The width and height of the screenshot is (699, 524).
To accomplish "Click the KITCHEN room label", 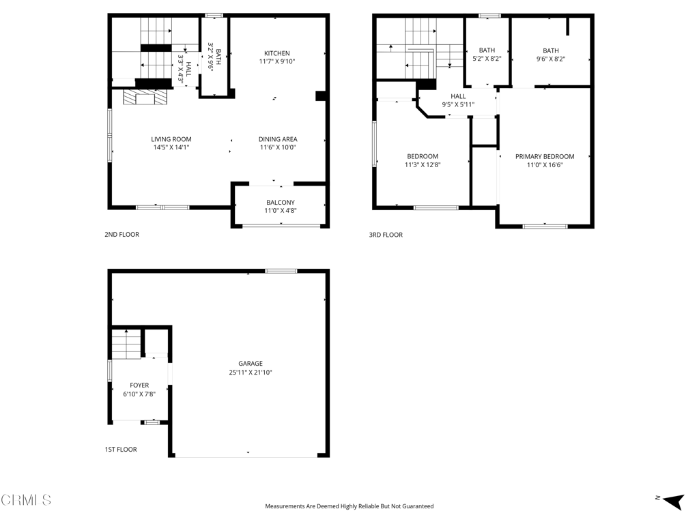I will tap(277, 53).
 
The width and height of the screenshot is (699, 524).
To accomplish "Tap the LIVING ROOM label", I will tap(171, 139).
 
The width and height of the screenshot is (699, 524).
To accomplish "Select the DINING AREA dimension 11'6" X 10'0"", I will tap(279, 147).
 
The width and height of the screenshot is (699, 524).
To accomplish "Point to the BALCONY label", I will tap(280, 202).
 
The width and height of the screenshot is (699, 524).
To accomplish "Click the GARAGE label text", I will tap(251, 364).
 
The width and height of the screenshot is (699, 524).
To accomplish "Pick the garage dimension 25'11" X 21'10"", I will tap(251, 373).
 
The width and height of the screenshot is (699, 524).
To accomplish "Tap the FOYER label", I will tap(139, 385).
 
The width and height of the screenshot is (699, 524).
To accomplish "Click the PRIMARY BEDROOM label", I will tap(545, 156).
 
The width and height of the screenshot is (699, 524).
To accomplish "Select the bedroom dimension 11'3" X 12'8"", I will tap(423, 164).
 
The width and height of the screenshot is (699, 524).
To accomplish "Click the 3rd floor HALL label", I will tap(458, 96).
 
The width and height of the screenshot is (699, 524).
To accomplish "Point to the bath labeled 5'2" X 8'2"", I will tap(487, 55).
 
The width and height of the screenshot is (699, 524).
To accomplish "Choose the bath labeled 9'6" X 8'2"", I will tap(550, 55).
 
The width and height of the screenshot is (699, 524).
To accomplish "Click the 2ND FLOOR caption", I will tap(122, 235).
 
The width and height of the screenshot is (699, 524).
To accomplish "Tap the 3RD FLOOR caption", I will tap(386, 235).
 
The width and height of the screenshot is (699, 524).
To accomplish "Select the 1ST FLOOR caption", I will tap(121, 450).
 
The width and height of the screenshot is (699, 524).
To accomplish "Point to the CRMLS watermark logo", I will tap(26, 500).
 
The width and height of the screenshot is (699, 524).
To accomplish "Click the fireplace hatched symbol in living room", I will tap(144, 98).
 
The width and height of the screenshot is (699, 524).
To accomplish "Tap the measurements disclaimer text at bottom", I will tap(349, 506).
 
